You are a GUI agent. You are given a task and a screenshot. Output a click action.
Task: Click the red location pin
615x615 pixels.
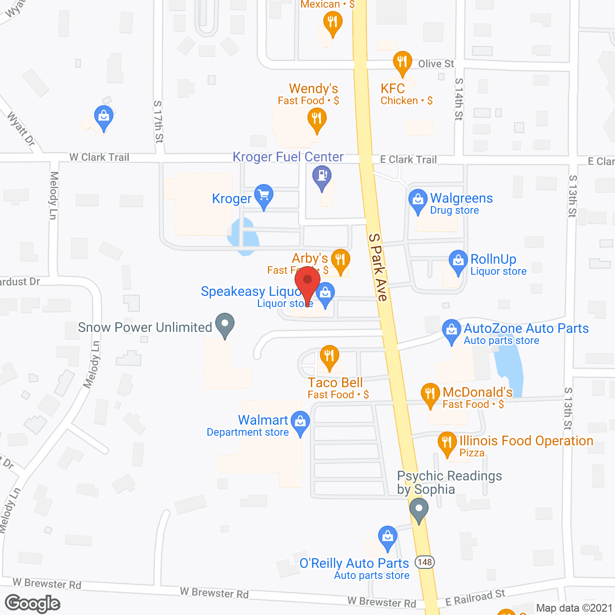[x=307, y=281]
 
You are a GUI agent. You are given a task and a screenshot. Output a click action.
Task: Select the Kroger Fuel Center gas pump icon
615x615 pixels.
[x=322, y=176]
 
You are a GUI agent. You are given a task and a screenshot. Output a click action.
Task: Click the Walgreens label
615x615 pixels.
[x=461, y=198]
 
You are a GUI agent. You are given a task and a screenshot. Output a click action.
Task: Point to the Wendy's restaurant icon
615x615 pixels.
[x=316, y=118]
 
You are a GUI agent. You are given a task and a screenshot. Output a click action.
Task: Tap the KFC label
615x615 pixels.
[x=393, y=89]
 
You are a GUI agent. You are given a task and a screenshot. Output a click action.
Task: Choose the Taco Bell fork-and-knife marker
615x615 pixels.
[x=329, y=357]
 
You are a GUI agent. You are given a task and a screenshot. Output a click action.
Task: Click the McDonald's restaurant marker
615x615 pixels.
[x=430, y=394]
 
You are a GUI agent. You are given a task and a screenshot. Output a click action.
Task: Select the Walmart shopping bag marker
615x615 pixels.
[x=300, y=422]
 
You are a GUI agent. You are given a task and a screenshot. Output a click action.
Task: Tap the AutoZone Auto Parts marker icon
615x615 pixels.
[x=451, y=331]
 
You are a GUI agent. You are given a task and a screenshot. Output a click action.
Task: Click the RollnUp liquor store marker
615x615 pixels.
[x=458, y=261]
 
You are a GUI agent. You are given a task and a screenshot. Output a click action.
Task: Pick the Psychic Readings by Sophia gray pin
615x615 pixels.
[x=419, y=509]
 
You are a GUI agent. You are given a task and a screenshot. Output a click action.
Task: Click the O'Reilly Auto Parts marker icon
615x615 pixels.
[x=387, y=536]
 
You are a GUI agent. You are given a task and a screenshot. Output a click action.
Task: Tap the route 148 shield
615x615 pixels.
[x=425, y=562]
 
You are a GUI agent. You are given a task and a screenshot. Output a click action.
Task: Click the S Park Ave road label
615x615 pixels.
[x=378, y=267]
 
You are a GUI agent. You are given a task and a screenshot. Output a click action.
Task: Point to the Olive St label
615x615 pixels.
[x=436, y=64]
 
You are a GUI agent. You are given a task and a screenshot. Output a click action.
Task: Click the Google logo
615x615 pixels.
[x=33, y=603]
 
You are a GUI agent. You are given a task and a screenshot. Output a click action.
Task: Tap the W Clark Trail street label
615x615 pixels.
[x=99, y=157]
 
